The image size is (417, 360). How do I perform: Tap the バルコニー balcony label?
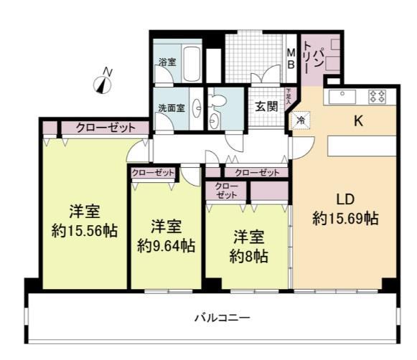point(221,316)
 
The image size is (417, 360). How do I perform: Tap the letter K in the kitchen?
point(357,121)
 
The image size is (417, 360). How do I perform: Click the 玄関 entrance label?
point(266,106)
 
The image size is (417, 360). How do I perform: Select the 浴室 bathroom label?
point(167,62)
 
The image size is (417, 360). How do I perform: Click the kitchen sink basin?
point(343,95)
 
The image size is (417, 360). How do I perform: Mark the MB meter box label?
point(291,58)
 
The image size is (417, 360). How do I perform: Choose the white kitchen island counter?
point(361,146)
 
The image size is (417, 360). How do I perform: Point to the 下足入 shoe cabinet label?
point(289,96)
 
